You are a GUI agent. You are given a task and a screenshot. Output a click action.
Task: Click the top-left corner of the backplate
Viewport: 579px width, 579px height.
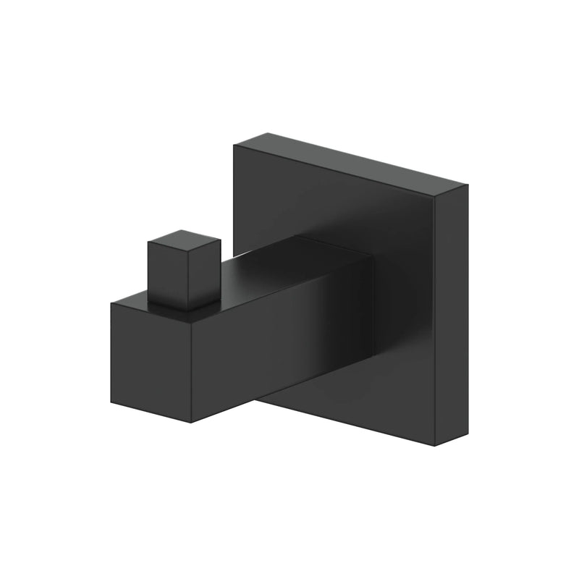pos(234,147)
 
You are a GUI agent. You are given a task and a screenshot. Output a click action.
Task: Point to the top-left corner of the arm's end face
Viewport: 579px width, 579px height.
pos(111,304)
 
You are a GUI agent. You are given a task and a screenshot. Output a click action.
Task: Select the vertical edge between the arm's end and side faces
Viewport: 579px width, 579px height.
pos(190,369)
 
